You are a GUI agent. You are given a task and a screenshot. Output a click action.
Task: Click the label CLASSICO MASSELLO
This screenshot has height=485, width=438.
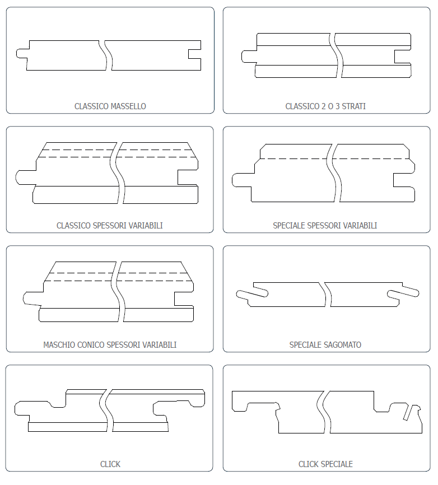click(110, 106)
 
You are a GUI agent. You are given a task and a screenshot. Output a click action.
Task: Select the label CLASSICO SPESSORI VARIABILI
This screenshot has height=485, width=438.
click(110, 226)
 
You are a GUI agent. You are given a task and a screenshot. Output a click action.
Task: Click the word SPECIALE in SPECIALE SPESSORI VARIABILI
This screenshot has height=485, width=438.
click(289, 226)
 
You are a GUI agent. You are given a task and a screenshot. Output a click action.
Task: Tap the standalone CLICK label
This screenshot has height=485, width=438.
click(110, 464)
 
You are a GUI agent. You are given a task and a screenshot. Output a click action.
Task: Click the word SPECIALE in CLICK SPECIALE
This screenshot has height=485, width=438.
click(337, 464)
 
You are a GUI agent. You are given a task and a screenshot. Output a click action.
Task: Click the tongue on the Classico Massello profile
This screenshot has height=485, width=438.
click(22, 53)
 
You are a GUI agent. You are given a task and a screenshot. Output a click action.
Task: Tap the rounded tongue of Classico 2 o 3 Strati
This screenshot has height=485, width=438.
click(249, 57)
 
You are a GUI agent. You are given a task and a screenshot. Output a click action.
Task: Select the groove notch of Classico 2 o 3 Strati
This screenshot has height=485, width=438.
click(402, 57)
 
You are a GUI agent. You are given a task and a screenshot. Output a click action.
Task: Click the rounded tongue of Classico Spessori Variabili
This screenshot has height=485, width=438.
click(25, 178)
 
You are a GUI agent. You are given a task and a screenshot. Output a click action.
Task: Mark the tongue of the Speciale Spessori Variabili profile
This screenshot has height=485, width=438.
click(241, 180)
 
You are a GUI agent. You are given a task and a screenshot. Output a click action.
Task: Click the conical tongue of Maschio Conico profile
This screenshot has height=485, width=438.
click(32, 299)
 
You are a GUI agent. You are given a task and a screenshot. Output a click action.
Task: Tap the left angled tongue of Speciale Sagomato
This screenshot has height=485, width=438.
click(252, 294)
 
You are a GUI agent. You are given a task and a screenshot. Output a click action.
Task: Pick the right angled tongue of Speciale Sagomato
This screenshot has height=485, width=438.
click(403, 293)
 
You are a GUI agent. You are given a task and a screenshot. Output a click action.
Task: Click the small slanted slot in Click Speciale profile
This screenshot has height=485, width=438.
click(408, 413)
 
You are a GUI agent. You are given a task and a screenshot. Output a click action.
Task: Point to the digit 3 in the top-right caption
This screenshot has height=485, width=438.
click(338, 106)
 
